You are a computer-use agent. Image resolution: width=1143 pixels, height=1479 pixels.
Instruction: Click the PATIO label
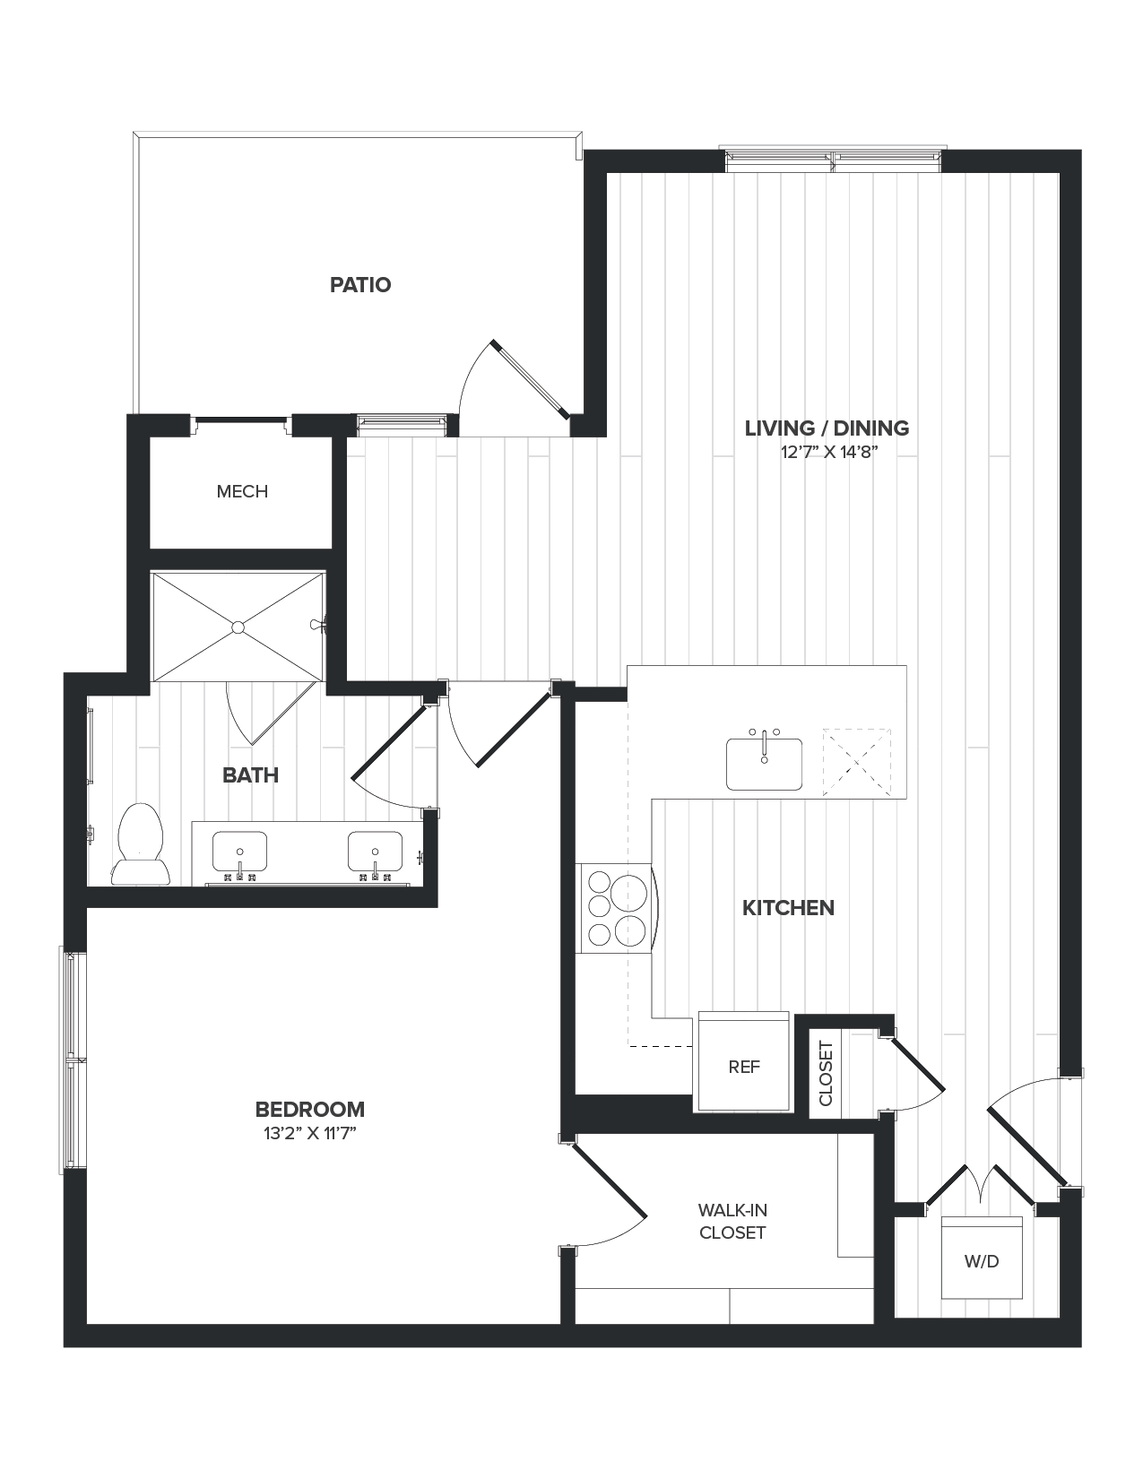pyautogui.click(x=359, y=285)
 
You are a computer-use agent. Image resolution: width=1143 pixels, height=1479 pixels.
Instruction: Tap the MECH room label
pyautogui.click(x=242, y=491)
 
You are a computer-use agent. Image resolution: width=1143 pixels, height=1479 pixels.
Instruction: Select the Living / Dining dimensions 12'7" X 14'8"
pyautogui.click(x=827, y=453)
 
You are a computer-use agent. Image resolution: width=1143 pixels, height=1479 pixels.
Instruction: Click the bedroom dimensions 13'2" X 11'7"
pyautogui.click(x=310, y=1133)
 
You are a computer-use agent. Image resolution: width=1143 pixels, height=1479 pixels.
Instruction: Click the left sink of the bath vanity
pyautogui.click(x=239, y=852)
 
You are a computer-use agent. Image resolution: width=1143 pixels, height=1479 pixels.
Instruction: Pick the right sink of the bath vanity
pyautogui.click(x=375, y=852)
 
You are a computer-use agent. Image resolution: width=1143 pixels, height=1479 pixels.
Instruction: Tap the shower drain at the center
pyautogui.click(x=238, y=627)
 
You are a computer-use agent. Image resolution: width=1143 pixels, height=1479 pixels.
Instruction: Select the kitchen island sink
pyautogui.click(x=764, y=764)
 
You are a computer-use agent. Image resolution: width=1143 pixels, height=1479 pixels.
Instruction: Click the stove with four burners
pyautogui.click(x=617, y=908)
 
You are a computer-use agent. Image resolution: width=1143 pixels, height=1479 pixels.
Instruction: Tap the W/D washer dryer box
pyautogui.click(x=982, y=1258)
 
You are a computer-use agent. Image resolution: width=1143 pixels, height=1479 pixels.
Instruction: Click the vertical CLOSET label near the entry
pyautogui.click(x=826, y=1073)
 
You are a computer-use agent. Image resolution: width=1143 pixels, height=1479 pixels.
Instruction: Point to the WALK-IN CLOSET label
pyautogui.click(x=732, y=1222)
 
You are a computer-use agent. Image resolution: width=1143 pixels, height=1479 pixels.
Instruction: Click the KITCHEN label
pyautogui.click(x=788, y=908)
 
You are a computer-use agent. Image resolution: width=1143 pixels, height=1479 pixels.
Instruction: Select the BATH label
pyautogui.click(x=250, y=775)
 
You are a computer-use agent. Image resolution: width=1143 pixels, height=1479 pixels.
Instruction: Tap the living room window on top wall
pyautogui.click(x=833, y=160)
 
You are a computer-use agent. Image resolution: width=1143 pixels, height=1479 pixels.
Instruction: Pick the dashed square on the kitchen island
pyautogui.click(x=857, y=762)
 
